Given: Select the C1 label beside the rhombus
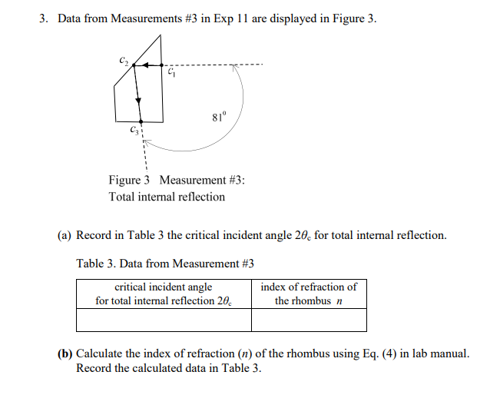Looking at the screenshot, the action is click(171, 74).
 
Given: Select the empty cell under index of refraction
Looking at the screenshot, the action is click(308, 320).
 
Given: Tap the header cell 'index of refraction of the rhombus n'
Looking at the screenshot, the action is click(308, 294).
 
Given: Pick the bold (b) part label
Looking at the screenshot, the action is click(66, 354).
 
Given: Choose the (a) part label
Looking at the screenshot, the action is click(66, 235).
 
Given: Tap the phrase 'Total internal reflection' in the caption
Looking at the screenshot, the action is click(167, 197).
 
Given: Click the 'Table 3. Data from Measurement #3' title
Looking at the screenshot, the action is click(165, 264).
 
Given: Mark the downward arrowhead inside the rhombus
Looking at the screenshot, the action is click(139, 99).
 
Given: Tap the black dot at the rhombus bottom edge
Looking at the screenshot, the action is click(141, 121).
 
